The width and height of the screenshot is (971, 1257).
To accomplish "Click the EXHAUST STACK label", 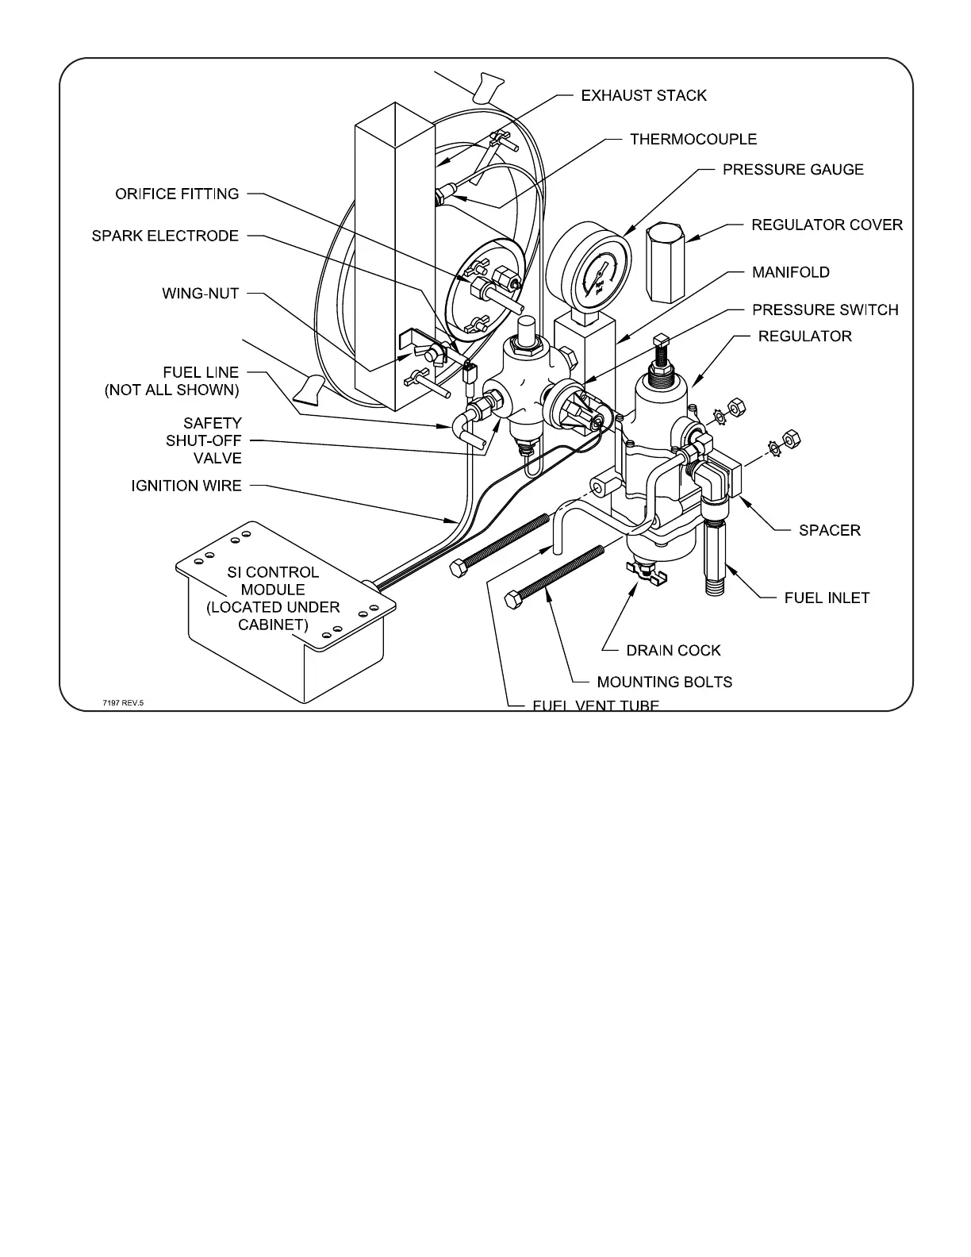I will (643, 95).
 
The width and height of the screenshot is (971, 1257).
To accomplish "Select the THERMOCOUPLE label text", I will (693, 139).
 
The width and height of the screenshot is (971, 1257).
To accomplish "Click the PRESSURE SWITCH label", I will (825, 309).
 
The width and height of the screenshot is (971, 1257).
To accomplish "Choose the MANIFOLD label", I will (791, 272).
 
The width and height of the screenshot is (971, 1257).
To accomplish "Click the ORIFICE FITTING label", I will (177, 194).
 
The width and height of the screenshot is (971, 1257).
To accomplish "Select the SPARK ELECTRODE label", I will (165, 236).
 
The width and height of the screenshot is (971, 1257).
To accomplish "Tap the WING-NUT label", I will (201, 294).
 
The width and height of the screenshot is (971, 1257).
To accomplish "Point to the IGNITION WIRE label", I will (186, 486).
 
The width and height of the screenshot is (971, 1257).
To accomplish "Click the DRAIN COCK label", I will (674, 651).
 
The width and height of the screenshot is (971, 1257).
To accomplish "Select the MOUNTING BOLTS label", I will (665, 682).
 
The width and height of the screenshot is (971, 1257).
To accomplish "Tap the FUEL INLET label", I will (827, 598).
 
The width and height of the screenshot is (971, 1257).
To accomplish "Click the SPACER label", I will (830, 530).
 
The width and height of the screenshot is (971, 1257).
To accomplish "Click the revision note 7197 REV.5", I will (124, 702).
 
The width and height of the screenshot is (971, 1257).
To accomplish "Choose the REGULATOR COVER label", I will (827, 225).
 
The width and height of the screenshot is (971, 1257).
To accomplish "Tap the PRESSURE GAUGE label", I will (793, 169).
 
